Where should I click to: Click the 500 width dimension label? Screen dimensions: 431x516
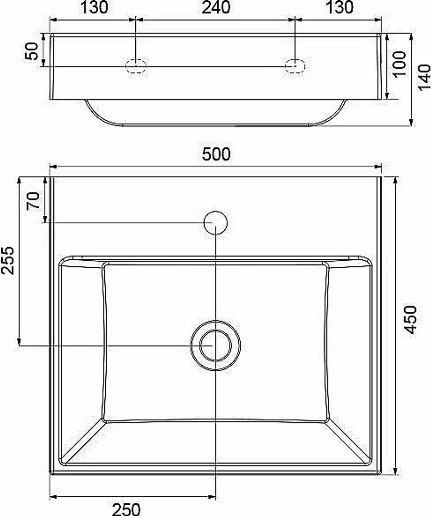coord(216,154)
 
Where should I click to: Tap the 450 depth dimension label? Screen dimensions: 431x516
coord(410,320)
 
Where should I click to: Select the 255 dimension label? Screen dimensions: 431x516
coord(7,260)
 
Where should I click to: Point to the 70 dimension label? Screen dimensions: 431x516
coord(33,201)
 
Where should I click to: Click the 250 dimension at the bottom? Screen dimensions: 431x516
coord(126,509)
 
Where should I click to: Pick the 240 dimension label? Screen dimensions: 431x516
coord(216,7)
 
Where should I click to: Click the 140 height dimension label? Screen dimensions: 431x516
coord(424,77)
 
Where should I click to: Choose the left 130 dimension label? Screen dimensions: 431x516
coord(94,7)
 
